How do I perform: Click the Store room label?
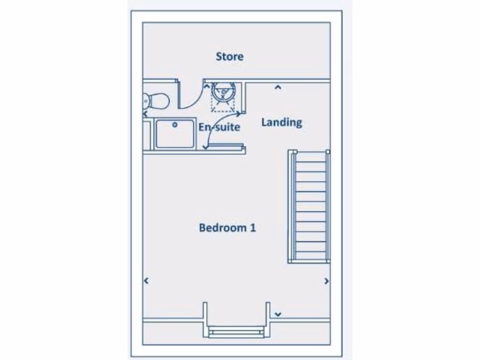click(x=230, y=57)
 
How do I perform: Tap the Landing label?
click(x=281, y=122)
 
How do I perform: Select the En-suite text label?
click(x=219, y=127)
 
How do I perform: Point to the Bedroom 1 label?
click(x=227, y=228)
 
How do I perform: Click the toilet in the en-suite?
click(x=155, y=100)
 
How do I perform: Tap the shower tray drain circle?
click(x=175, y=125)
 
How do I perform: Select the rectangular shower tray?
click(x=175, y=134)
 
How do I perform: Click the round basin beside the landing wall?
click(x=223, y=92)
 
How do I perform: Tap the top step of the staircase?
click(x=310, y=157)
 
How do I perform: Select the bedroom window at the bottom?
click(x=236, y=332)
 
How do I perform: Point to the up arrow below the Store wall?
click(x=277, y=87)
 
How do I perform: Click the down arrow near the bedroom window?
click(x=278, y=314)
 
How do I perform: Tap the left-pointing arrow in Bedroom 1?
click(x=146, y=281)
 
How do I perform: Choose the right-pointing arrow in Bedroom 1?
click(x=326, y=281)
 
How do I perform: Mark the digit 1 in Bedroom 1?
click(x=253, y=228)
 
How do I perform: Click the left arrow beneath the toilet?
click(x=145, y=113)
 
